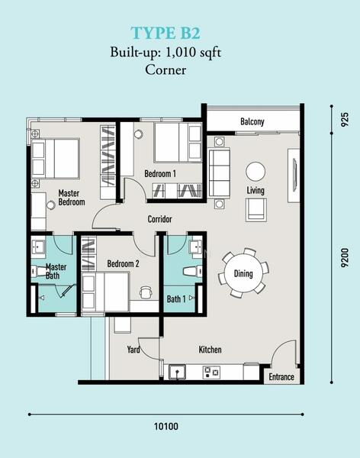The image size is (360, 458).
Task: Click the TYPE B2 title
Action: click(166, 33)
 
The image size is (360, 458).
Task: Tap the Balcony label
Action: click(252, 121)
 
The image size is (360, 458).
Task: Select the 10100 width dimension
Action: click(166, 426)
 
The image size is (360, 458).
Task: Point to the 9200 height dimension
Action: click(345, 257)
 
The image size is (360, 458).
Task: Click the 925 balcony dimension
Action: click(345, 119)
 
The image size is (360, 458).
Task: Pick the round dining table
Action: click(243, 273)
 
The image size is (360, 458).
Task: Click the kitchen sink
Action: click(177, 372)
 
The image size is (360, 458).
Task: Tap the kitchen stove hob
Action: click(211, 372)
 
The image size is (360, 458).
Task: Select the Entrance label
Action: click(281, 377)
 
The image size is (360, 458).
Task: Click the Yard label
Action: click(133, 350)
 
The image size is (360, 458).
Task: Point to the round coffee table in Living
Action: click(256, 172)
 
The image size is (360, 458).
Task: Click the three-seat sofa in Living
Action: click(219, 173)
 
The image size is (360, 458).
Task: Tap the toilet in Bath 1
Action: click(193, 271)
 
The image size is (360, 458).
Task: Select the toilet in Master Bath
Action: click(38, 271)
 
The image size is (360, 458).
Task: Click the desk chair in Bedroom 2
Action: click(146, 292)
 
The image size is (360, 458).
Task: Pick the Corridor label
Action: click(159, 219)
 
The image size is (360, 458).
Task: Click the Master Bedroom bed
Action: click(56, 159)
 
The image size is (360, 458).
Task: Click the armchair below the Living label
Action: click(256, 210)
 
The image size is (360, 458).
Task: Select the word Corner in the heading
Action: click(166, 70)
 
